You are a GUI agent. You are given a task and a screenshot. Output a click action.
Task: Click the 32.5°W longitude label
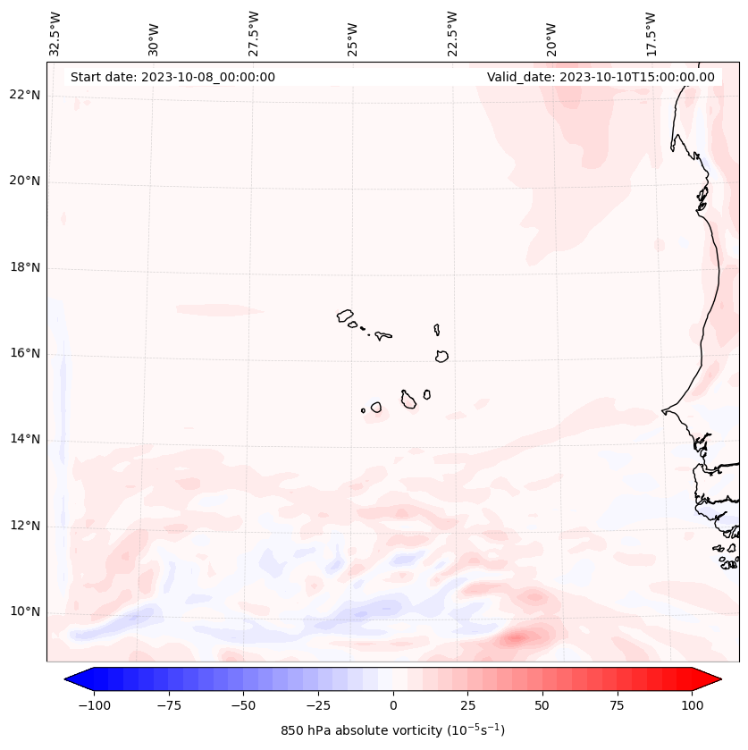pos(55,34)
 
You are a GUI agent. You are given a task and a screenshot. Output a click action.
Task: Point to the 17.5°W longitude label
pos(651,34)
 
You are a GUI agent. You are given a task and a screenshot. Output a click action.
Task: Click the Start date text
pos(172,77)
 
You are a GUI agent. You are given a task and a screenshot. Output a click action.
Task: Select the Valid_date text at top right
pos(601,77)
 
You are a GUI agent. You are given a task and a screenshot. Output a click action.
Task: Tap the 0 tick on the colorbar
pos(393,705)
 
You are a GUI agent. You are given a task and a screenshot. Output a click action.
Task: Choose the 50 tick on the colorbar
pos(542,705)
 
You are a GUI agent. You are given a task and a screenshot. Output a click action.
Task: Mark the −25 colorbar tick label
pos(318,705)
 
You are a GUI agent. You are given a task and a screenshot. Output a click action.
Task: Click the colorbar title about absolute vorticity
pos(393,730)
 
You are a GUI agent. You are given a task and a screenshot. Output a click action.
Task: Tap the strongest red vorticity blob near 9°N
pos(517,638)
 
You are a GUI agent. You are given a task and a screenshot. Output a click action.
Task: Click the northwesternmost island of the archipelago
pos(345,315)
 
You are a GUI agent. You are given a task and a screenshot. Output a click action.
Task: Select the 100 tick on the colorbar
pos(692,705)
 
